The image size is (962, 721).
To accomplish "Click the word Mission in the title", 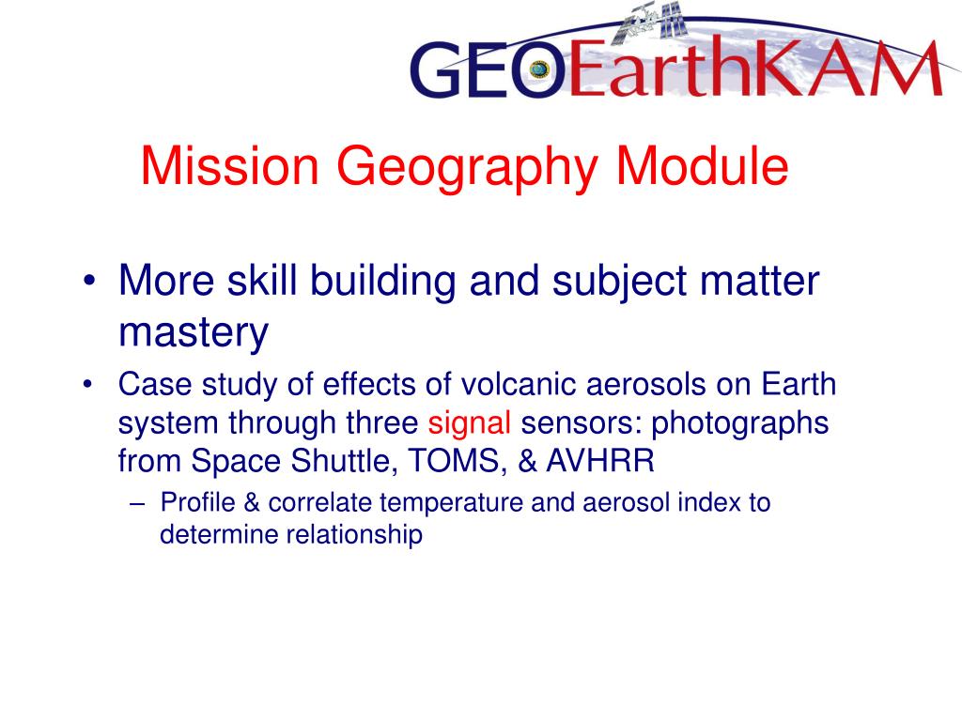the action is click(x=230, y=166).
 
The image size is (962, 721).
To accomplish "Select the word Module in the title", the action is click(x=702, y=166).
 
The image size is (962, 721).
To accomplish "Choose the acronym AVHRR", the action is click(x=600, y=461).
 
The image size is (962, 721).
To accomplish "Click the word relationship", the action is click(x=354, y=535).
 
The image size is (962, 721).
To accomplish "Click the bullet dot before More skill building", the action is click(x=89, y=281).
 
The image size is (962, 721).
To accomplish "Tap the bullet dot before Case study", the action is click(x=87, y=385).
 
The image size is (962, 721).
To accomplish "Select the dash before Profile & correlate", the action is click(x=138, y=504).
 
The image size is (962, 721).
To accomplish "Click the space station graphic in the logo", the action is click(x=650, y=23).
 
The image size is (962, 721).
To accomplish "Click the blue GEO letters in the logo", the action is click(x=488, y=69).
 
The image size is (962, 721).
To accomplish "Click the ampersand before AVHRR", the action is click(x=527, y=461).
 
